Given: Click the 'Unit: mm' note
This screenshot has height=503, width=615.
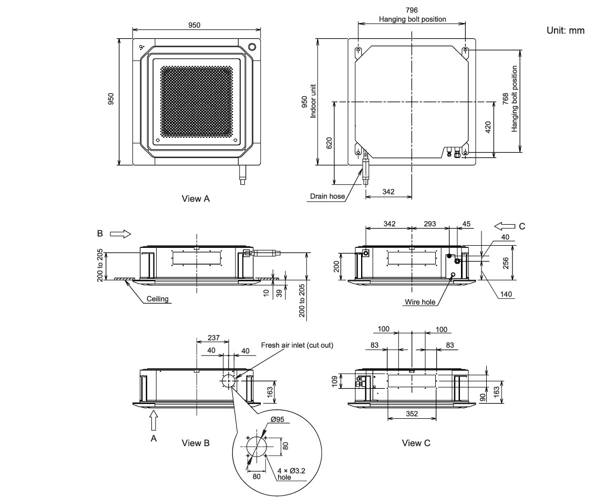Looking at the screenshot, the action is coord(565,31).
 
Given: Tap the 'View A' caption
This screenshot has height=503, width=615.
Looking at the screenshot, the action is coord(196,199).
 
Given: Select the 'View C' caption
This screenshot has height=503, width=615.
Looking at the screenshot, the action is coord(416,443).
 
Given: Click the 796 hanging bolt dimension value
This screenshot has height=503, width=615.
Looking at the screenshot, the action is coord(412,10).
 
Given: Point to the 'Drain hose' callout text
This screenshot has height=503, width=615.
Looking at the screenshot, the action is coord(327,196).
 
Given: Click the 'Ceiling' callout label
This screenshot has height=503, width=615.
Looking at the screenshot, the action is coord(157,299).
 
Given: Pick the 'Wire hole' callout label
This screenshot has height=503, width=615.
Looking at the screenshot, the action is coord(420,302).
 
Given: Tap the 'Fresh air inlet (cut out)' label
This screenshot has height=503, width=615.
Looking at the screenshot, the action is coord(297,345).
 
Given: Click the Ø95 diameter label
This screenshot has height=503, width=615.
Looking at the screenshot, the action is coord(278,419).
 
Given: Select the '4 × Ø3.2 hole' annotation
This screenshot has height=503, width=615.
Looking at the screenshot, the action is coord(291,474).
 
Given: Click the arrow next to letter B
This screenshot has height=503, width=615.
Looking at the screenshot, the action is coord(120,234).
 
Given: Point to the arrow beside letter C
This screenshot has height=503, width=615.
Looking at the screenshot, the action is coord(505,226).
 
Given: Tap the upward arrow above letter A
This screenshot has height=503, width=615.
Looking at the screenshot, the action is coord(153,421).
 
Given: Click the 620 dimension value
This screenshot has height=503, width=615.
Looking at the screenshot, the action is coord(330,143).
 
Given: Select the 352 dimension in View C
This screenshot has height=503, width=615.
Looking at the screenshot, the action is coord(412,414).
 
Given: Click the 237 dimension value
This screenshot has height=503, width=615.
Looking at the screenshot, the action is coord(213,338).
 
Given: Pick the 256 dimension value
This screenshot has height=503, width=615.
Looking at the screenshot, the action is coord(505,263).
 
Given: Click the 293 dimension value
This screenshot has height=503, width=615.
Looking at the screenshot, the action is coord(430,224).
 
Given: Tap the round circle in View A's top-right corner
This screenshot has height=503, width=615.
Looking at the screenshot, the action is coord(252,46).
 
